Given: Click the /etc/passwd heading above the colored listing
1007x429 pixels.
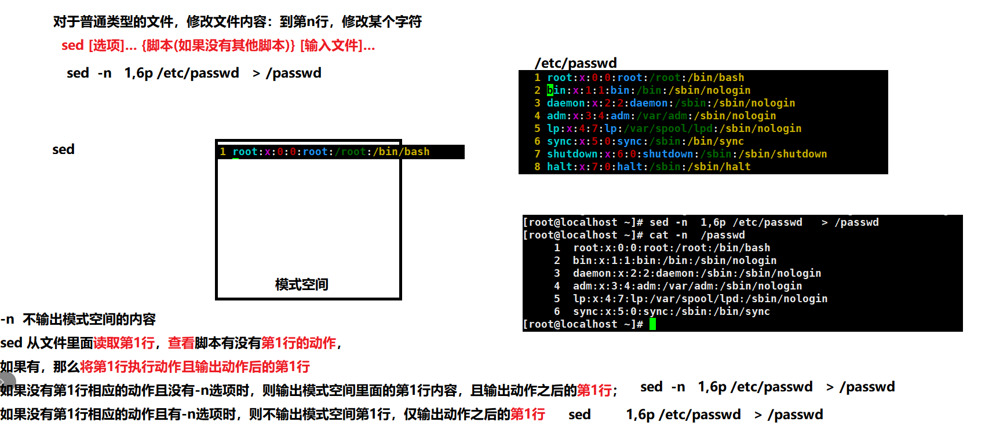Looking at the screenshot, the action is click(x=575, y=63).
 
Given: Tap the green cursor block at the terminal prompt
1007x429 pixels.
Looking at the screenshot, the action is click(x=652, y=324).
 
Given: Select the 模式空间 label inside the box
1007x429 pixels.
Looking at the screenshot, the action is click(x=301, y=284).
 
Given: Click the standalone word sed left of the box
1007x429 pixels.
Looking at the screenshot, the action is click(x=63, y=149).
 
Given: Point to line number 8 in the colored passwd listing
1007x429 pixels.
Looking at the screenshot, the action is click(x=537, y=167).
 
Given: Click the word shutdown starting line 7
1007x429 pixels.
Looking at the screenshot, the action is click(x=572, y=154).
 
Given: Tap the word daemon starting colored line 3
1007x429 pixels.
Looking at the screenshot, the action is click(x=565, y=103).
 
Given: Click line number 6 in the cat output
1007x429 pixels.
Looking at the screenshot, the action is click(x=557, y=311).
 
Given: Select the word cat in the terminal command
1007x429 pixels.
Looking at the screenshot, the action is click(x=659, y=235).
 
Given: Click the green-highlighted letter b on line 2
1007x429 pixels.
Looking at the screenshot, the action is click(x=550, y=90).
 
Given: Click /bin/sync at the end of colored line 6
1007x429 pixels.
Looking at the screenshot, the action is click(x=716, y=141).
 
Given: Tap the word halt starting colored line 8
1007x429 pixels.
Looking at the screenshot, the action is click(x=559, y=167).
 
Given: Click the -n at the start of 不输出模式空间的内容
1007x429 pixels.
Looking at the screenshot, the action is click(x=8, y=320).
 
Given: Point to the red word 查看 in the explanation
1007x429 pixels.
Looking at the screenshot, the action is click(x=181, y=343).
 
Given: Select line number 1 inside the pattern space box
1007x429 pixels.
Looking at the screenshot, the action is click(x=222, y=152).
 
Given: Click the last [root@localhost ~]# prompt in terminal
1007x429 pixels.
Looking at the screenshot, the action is click(x=582, y=324).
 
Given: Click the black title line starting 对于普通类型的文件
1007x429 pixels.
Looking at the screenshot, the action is click(x=237, y=22).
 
